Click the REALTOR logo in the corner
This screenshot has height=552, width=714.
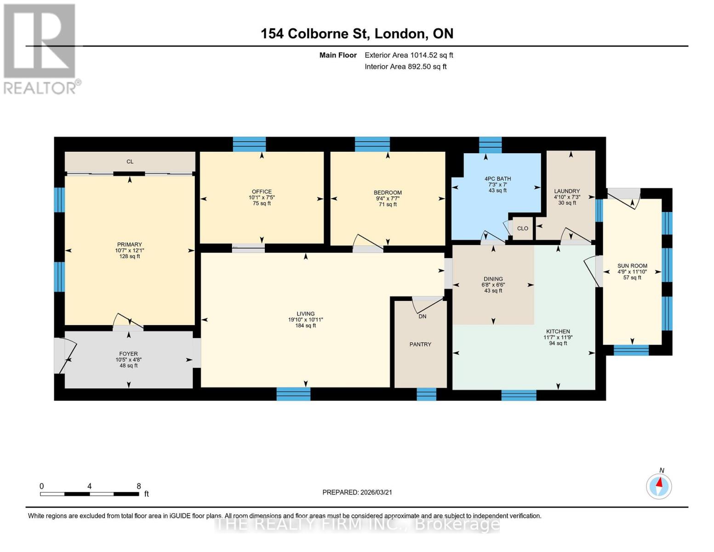(40, 48)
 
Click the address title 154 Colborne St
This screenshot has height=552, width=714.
(357, 34)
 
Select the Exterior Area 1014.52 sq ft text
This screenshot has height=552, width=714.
(409, 55)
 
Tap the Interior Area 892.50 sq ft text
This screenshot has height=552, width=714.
(406, 67)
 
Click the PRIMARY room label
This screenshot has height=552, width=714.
(129, 245)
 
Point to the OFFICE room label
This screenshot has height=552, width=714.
(262, 192)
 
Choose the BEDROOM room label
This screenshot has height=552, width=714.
(388, 193)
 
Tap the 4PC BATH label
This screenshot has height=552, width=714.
(497, 179)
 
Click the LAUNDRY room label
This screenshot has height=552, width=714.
(567, 191)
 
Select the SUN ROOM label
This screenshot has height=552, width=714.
(632, 266)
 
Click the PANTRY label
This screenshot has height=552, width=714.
(420, 345)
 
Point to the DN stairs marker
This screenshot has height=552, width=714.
(422, 316)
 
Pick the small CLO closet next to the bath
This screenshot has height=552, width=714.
(522, 229)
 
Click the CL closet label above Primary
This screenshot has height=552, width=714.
(130, 162)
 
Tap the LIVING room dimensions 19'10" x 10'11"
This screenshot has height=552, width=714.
(305, 320)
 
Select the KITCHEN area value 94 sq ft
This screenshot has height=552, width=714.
(558, 343)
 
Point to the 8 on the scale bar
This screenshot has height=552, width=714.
(139, 486)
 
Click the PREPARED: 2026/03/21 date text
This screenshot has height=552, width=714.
(357, 492)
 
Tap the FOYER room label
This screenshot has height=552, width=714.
(128, 354)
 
